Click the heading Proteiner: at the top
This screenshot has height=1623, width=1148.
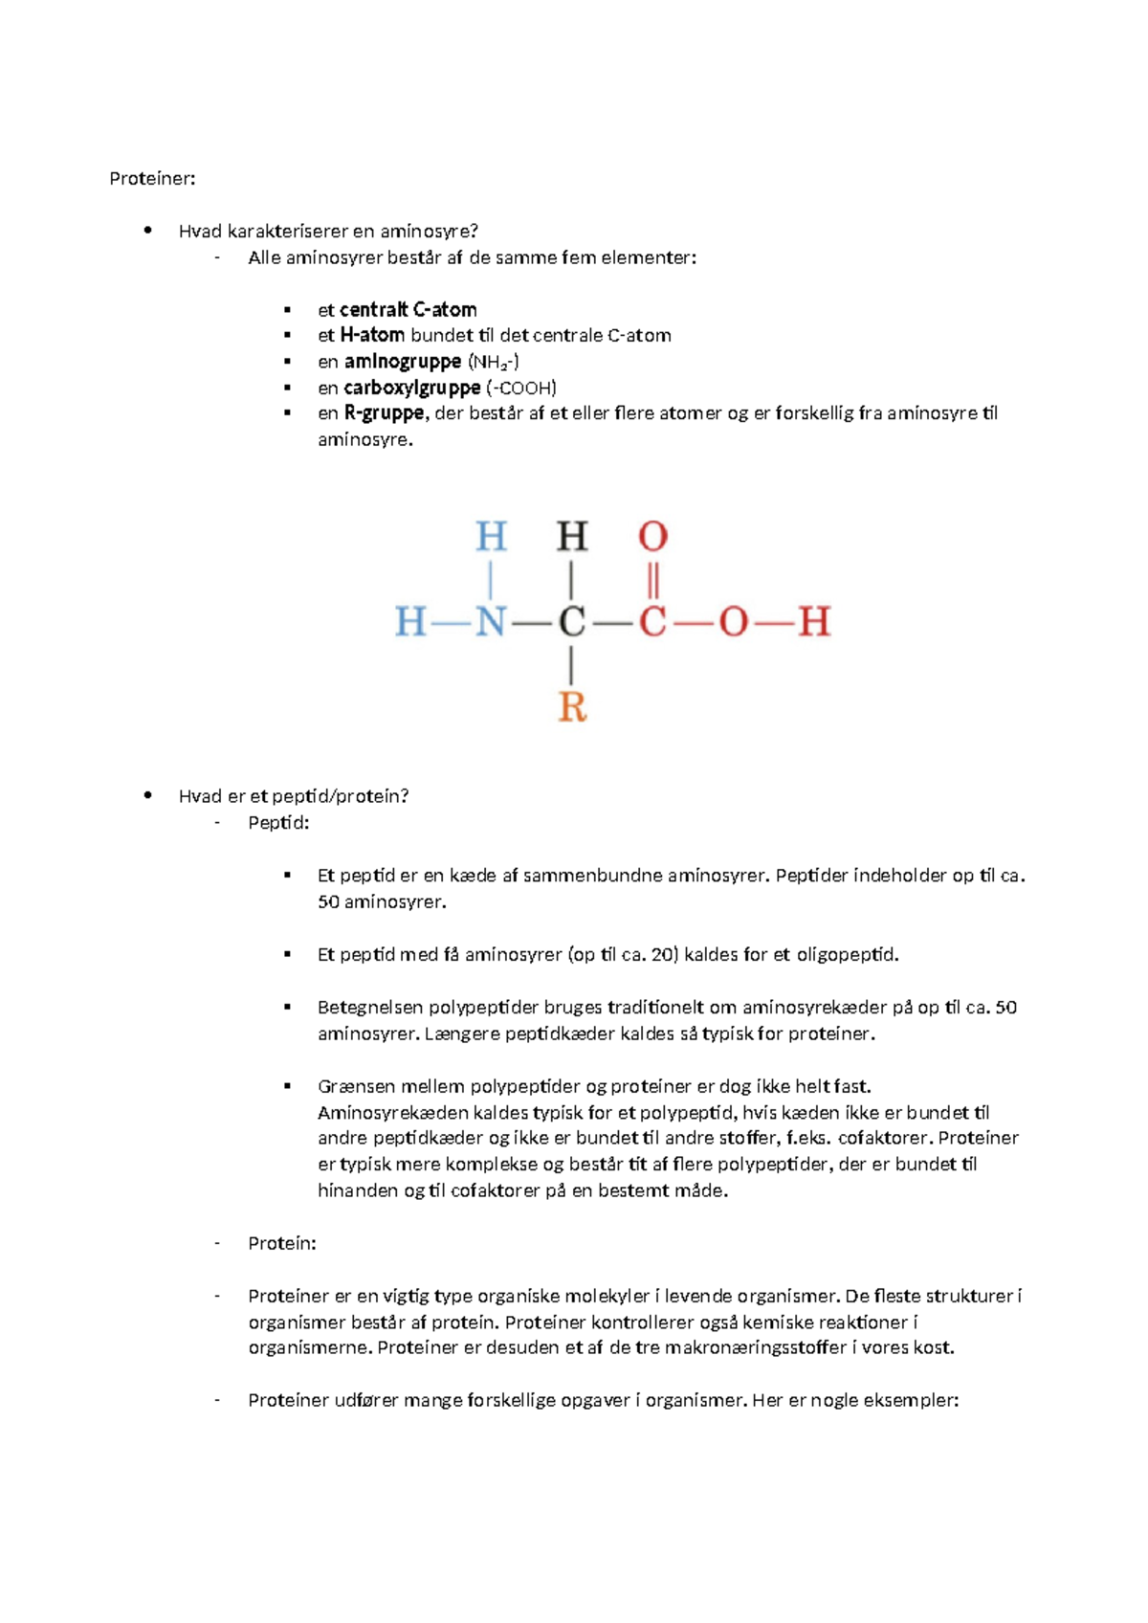pyautogui.click(x=152, y=179)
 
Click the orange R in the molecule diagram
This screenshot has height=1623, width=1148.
pyautogui.click(x=572, y=707)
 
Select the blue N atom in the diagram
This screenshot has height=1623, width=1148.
pyautogui.click(x=491, y=622)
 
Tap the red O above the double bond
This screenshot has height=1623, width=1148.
pyautogui.click(x=652, y=537)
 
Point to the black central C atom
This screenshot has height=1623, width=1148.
pyautogui.click(x=571, y=622)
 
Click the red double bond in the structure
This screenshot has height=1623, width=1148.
pyautogui.click(x=652, y=580)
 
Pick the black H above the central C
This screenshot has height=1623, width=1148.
pyautogui.click(x=572, y=537)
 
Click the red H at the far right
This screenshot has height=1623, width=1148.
pyautogui.click(x=814, y=622)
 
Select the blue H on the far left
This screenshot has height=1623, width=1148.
pyautogui.click(x=410, y=622)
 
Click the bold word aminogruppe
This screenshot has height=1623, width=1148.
pyautogui.click(x=403, y=362)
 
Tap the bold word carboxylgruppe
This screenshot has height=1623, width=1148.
pyautogui.click(x=412, y=388)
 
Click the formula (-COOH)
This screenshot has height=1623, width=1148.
pyautogui.click(x=521, y=388)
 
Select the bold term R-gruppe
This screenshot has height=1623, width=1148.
pyautogui.click(x=384, y=413)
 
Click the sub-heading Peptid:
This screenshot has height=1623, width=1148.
pyautogui.click(x=278, y=823)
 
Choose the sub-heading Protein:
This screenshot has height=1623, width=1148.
pyautogui.click(x=281, y=1243)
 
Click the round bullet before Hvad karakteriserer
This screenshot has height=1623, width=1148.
pyautogui.click(x=147, y=230)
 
